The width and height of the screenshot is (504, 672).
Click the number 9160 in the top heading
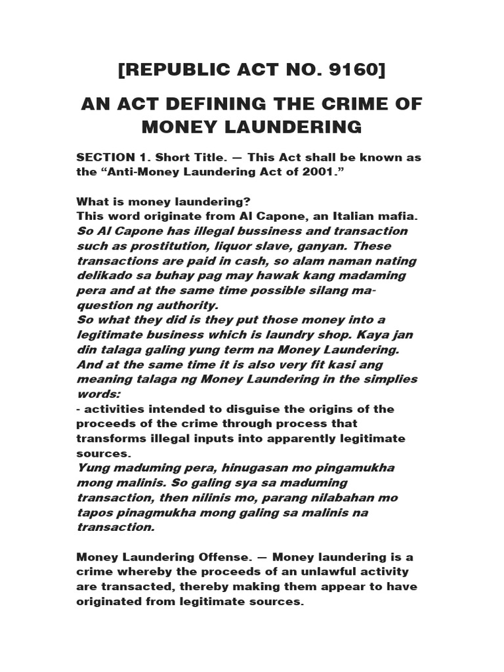pos(350,70)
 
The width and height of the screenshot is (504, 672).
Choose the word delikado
pos(106,276)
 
